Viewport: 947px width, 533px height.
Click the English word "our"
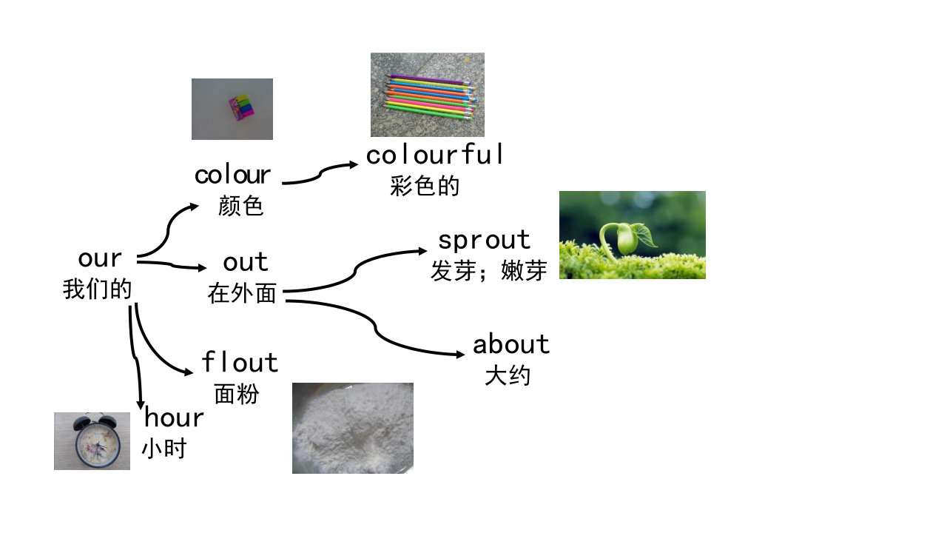100,258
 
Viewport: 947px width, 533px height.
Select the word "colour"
232,175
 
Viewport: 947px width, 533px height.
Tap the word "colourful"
434,154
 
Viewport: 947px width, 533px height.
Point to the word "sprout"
484,241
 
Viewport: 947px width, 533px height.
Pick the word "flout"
240,362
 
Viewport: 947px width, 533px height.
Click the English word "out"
246,262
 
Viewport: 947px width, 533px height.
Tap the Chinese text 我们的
98,289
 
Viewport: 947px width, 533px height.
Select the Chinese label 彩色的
425,186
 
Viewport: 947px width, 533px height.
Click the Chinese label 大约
508,375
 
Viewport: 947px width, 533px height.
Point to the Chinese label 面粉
237,395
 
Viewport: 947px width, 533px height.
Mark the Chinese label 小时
164,449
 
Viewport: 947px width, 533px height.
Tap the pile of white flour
353,428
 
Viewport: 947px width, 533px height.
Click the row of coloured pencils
431,97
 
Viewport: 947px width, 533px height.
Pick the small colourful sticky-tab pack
242,108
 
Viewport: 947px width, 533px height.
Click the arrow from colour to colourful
320,174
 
